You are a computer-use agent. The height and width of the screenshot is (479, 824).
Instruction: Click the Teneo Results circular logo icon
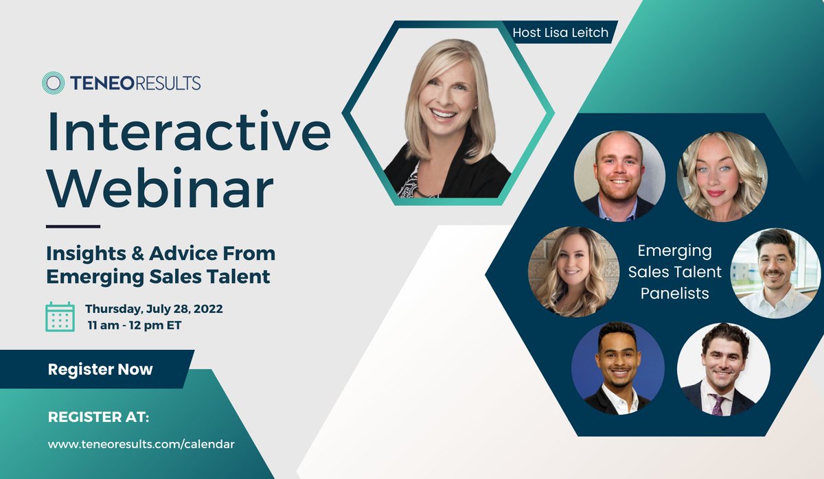pyautogui.click(x=54, y=83)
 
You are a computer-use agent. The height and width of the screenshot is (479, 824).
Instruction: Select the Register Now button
pyautogui.click(x=100, y=369)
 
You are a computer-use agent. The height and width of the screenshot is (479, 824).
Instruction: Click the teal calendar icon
pyautogui.click(x=60, y=316)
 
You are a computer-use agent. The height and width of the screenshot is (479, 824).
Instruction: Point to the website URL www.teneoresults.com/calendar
pyautogui.click(x=141, y=444)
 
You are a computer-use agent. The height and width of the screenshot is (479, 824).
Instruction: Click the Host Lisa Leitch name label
pyautogui.click(x=560, y=32)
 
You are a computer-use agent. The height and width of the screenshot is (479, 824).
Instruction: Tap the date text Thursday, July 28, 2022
pyautogui.click(x=154, y=309)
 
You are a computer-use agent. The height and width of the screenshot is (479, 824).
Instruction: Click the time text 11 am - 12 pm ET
pyautogui.click(x=135, y=325)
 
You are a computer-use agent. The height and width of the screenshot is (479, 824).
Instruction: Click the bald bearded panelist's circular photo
pyautogui.click(x=619, y=176)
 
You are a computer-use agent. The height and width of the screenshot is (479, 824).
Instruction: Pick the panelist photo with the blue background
pyautogui.click(x=618, y=369)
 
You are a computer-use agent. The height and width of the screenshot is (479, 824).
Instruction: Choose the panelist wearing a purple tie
pyautogui.click(x=723, y=369)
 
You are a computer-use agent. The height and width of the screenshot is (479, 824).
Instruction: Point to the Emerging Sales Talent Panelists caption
pyautogui.click(x=674, y=272)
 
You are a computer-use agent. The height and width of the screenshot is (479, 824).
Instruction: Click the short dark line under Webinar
pyautogui.click(x=73, y=226)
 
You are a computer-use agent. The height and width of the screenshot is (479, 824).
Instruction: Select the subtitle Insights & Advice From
pyautogui.click(x=161, y=253)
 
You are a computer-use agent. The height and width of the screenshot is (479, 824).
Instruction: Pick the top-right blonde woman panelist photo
pyautogui.click(x=722, y=176)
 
